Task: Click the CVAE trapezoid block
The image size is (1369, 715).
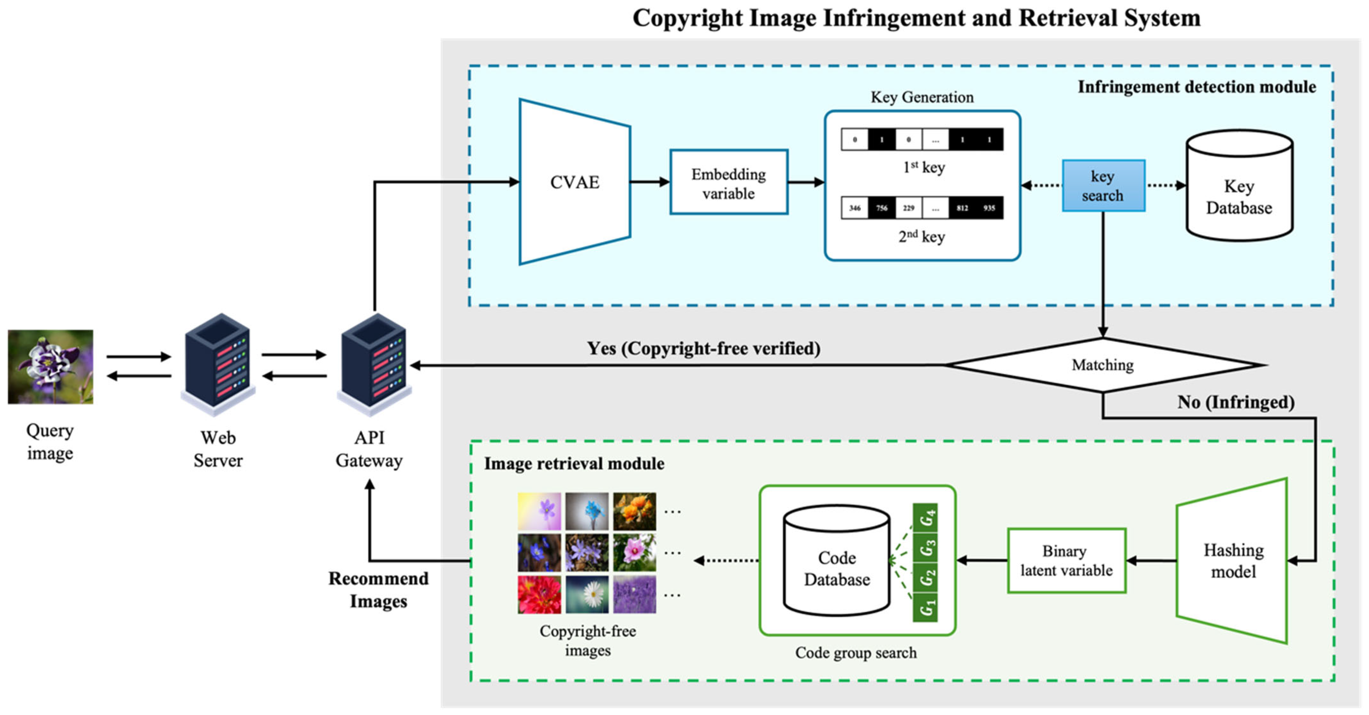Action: pyautogui.click(x=574, y=182)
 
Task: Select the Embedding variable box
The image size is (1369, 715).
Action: pyautogui.click(x=729, y=182)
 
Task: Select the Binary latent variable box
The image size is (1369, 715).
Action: pyautogui.click(x=1066, y=560)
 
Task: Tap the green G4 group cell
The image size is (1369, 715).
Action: pyautogui.click(x=925, y=517)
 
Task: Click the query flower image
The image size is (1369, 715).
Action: pyautogui.click(x=50, y=366)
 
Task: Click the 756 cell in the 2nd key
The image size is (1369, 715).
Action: pyautogui.click(x=882, y=208)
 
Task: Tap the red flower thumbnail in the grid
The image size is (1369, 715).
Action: pyautogui.click(x=539, y=594)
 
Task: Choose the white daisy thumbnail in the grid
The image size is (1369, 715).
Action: pyautogui.click(x=587, y=594)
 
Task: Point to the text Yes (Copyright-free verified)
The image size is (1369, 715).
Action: pyautogui.click(x=703, y=348)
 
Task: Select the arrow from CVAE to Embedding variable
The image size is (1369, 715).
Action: pyautogui.click(x=649, y=182)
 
